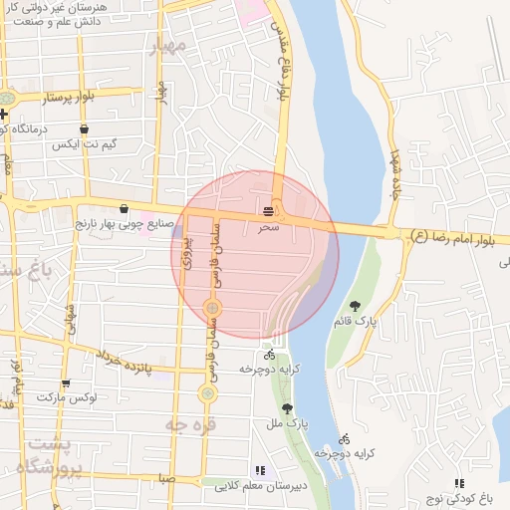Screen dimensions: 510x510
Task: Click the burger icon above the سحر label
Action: (x=269, y=210)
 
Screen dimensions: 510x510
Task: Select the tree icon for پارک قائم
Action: (x=356, y=305)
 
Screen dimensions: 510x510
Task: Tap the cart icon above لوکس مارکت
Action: (x=66, y=382)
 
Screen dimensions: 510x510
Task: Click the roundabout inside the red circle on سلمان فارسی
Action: (x=212, y=308)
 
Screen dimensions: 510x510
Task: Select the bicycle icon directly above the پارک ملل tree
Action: (x=269, y=354)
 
